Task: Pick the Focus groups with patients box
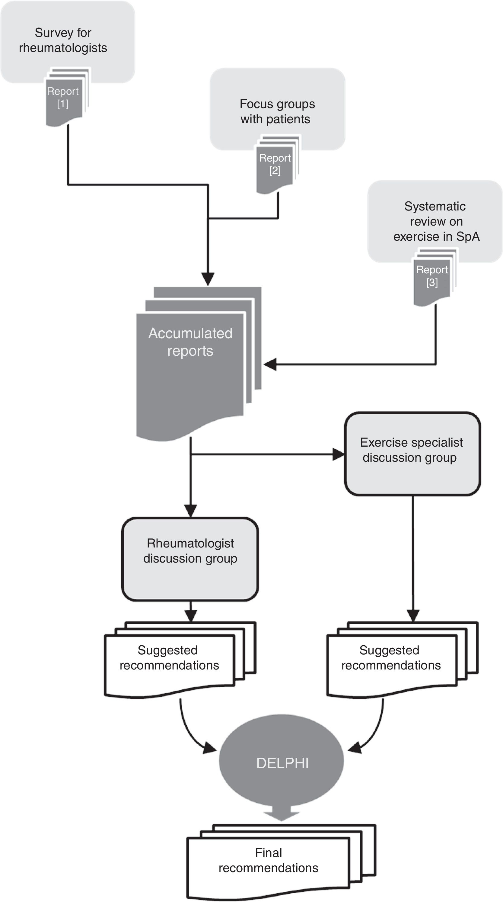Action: (x=277, y=109)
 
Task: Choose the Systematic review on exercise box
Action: (x=435, y=221)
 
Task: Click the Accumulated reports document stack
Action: (x=199, y=363)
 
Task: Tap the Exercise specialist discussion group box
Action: (x=412, y=454)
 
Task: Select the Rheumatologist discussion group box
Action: (x=190, y=559)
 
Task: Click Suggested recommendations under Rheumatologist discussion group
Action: (x=180, y=660)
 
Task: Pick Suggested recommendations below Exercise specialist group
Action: (x=403, y=660)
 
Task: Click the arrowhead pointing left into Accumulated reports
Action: (x=270, y=364)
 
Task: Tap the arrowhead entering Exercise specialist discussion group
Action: (x=338, y=454)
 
